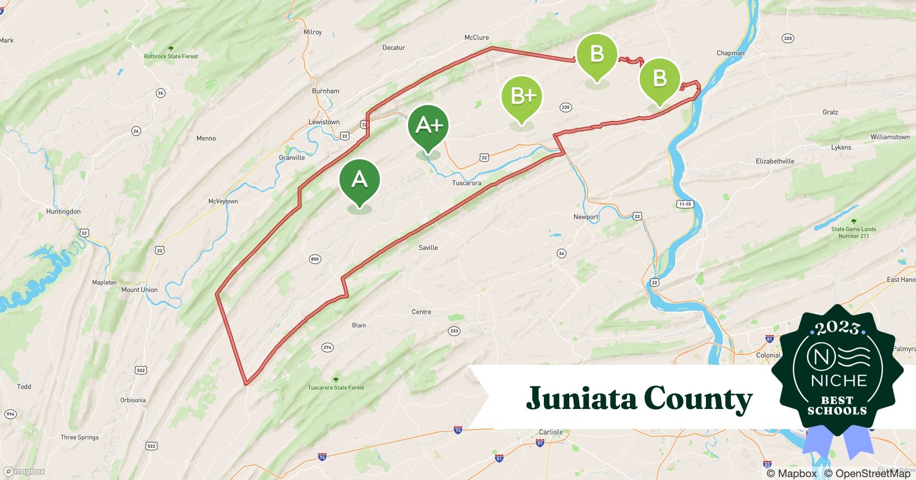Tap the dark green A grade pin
coord(359,180)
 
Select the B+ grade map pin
coord(522,96)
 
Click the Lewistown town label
coord(324,122)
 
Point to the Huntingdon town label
coord(63,211)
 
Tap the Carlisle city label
coord(551,432)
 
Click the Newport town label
coord(586,217)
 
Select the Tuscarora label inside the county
coord(466,183)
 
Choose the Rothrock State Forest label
coord(171,56)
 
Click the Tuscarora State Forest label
coord(336,387)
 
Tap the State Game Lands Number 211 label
coord(854,232)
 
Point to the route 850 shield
coord(315,259)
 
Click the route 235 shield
coord(565,107)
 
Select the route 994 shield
coord(10,414)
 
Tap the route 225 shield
coord(787,38)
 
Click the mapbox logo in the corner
coord(24,471)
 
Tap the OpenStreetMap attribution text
coord(867,473)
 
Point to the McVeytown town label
coord(223,201)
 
